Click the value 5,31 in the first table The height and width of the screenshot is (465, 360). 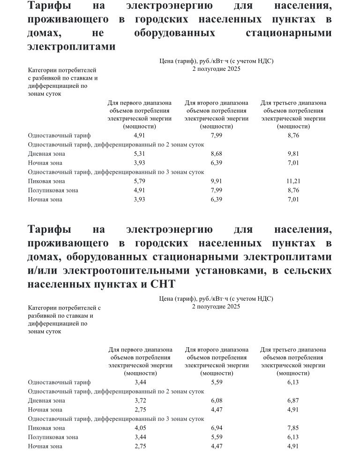coord(139,153)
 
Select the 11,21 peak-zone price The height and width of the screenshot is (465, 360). coord(293,181)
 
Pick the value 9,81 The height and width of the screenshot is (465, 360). coord(293,153)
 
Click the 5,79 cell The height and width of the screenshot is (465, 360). coord(139,181)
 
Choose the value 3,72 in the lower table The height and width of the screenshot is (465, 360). coord(140,401)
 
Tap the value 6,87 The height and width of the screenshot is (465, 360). coord(293,401)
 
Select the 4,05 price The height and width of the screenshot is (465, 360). coord(140,428)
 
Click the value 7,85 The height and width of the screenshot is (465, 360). coord(293,428)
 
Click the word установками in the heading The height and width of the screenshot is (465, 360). coord(239,271)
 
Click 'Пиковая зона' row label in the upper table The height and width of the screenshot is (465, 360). coord(46,181)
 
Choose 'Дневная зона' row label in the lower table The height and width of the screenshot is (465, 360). coord(46,401)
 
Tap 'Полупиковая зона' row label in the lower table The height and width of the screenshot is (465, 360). coord(53,437)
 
